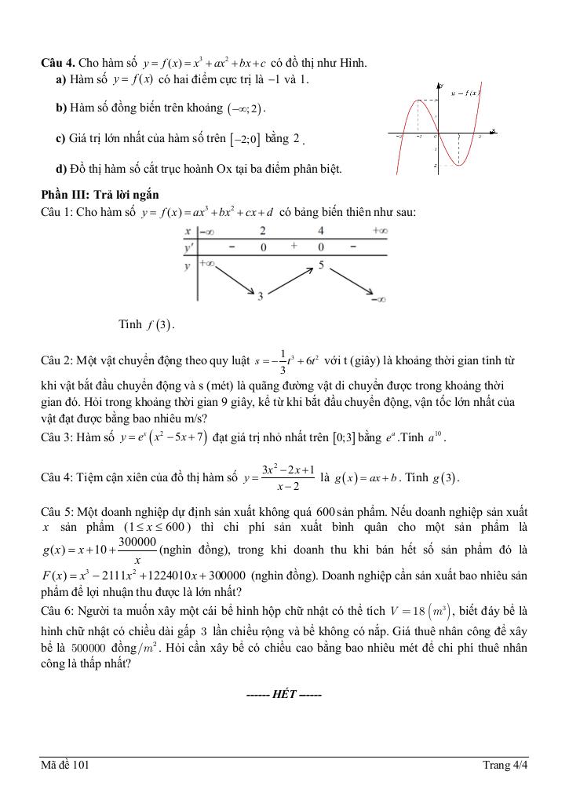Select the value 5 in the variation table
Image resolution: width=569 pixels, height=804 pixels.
pos(322,265)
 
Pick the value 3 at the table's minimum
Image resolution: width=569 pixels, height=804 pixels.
pos(261,296)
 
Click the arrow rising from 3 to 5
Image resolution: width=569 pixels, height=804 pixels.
pos(291,279)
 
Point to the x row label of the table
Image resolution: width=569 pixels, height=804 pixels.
pos(188,232)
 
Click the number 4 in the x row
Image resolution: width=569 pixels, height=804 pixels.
pos(321,232)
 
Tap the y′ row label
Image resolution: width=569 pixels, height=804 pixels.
pos(188,247)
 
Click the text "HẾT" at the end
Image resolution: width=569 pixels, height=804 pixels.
pos(283,694)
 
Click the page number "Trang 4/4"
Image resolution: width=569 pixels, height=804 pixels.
pos(505,766)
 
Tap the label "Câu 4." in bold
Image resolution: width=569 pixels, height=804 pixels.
pos(58,62)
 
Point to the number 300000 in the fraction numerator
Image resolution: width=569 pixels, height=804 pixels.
pos(137,542)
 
